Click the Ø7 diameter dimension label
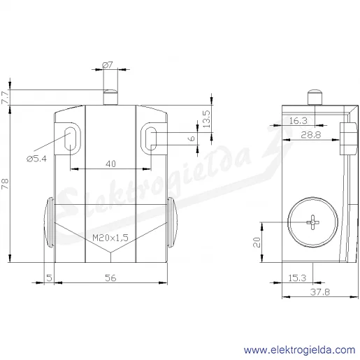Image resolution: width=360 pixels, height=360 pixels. click(108, 64)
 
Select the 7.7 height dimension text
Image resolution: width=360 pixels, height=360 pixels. click(5, 97)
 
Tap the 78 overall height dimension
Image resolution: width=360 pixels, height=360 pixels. click(5, 184)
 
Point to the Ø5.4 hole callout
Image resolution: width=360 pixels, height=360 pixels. click(36, 159)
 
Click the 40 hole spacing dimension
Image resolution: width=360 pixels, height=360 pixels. click(110, 164)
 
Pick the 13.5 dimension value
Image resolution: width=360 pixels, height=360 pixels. click(206, 119)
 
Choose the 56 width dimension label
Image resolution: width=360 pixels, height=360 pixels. click(110, 278)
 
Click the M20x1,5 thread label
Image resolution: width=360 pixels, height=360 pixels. click(110, 238)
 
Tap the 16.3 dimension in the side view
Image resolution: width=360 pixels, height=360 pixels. click(298, 121)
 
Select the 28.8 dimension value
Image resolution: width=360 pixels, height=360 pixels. click(310, 135)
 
